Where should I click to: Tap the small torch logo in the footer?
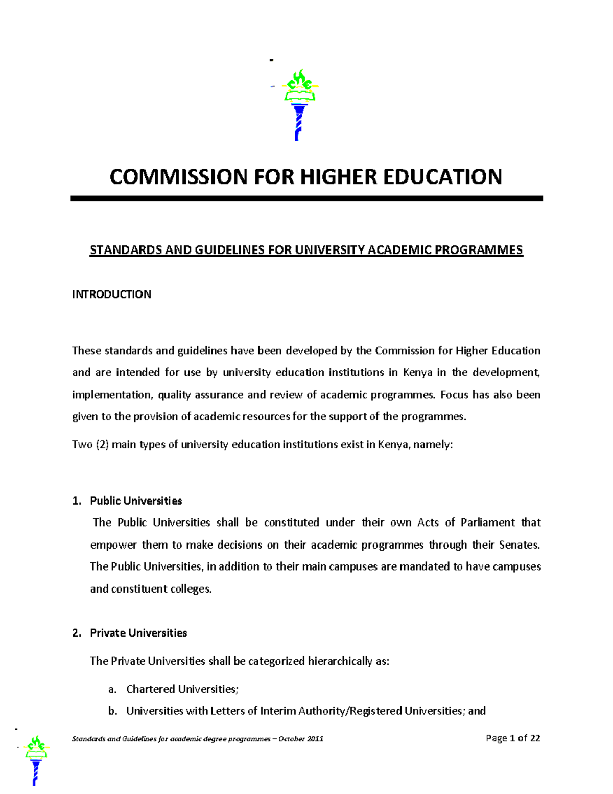click(x=36, y=760)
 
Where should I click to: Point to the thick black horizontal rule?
click(x=306, y=198)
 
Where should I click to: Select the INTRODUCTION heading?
click(x=111, y=294)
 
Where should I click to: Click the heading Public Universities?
click(x=136, y=501)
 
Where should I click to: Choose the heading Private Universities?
click(x=138, y=633)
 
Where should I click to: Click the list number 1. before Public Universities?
click(x=77, y=501)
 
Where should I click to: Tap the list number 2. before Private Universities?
click(x=77, y=633)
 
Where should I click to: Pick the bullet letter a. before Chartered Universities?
click(x=113, y=689)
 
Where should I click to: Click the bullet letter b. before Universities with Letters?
click(x=113, y=711)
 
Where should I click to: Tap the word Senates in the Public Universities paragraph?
click(x=519, y=545)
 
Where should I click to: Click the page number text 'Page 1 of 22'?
click(x=513, y=738)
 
